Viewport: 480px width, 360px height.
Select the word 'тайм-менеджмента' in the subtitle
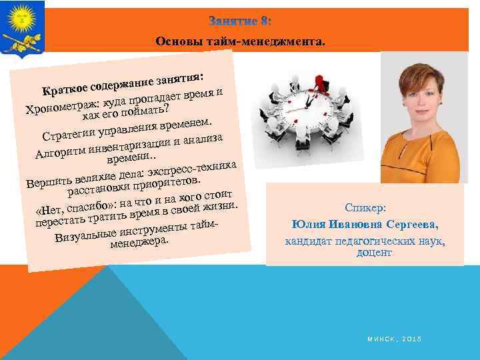(x=278, y=42)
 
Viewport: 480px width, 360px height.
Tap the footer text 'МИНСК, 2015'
(x=394, y=339)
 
